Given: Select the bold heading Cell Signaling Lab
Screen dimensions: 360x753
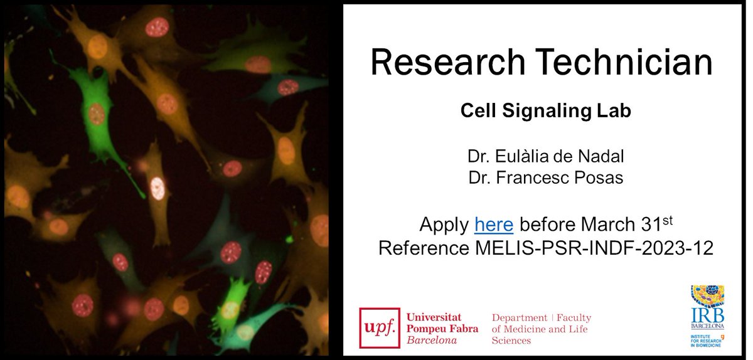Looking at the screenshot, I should click(x=545, y=111).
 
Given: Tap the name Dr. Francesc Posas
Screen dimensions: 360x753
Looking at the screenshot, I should click(x=545, y=177).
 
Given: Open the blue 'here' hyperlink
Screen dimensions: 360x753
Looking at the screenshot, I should click(x=494, y=224).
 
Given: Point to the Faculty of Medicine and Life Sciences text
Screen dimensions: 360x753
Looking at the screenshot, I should click(x=542, y=329).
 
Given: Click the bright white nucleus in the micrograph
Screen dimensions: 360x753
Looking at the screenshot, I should click(x=158, y=186).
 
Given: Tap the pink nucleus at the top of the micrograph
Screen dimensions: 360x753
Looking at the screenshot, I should click(x=157, y=27).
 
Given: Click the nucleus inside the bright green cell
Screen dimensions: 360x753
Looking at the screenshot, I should click(x=95, y=114).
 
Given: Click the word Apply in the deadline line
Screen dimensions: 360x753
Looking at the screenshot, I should click(x=445, y=224).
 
